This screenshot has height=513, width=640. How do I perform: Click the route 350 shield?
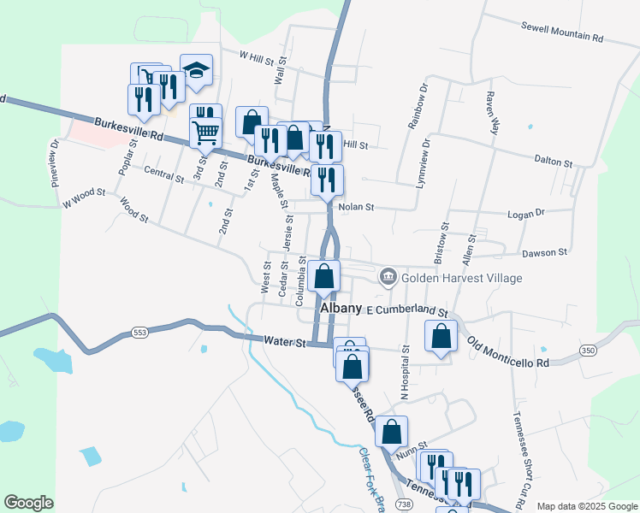(x=587, y=351)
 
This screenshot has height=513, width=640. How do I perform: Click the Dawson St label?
(x=545, y=252)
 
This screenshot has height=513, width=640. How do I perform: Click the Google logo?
(x=28, y=503)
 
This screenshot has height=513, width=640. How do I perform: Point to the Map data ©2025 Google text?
(x=586, y=506)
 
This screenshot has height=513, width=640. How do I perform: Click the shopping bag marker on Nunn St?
(x=391, y=432)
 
